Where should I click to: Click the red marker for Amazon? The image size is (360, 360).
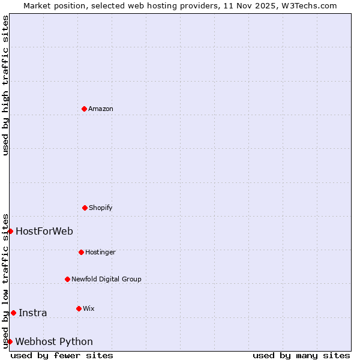click(84, 109)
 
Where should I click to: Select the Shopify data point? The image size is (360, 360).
click(85, 208)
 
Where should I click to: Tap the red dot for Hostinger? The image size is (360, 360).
click(81, 252)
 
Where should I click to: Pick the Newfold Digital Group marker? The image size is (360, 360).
click(67, 279)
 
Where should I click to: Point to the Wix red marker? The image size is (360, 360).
click(79, 308)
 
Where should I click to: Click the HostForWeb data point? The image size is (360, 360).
click(10, 231)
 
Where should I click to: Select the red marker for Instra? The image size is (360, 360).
click(13, 313)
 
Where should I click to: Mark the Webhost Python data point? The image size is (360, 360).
click(10, 341)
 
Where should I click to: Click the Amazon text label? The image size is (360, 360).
click(101, 109)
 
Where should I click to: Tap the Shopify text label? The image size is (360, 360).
click(101, 208)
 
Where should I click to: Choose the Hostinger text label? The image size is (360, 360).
click(100, 252)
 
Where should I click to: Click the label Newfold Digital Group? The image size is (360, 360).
click(106, 279)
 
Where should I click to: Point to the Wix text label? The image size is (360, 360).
click(89, 308)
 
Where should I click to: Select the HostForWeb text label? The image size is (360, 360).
click(44, 231)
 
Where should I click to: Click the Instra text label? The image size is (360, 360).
click(33, 313)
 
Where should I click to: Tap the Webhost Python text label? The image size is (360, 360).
click(54, 342)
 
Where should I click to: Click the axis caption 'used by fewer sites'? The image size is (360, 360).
click(62, 355)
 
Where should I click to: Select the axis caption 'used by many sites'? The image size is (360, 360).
click(301, 355)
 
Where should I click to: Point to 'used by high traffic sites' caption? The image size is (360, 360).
click(5, 85)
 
